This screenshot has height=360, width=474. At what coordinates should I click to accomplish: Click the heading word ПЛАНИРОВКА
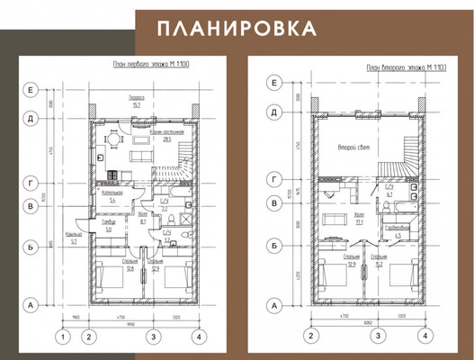point(237,28)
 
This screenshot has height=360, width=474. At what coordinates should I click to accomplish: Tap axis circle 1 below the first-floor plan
point(62,337)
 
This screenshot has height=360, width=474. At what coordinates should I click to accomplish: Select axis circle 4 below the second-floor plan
point(422,337)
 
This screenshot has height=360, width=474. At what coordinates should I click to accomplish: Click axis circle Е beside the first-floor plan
point(31,90)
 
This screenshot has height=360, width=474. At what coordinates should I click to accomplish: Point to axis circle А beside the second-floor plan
point(273,306)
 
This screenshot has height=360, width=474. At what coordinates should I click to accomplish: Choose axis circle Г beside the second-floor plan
point(273,180)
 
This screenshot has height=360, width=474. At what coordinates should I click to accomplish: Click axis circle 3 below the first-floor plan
point(154,337)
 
